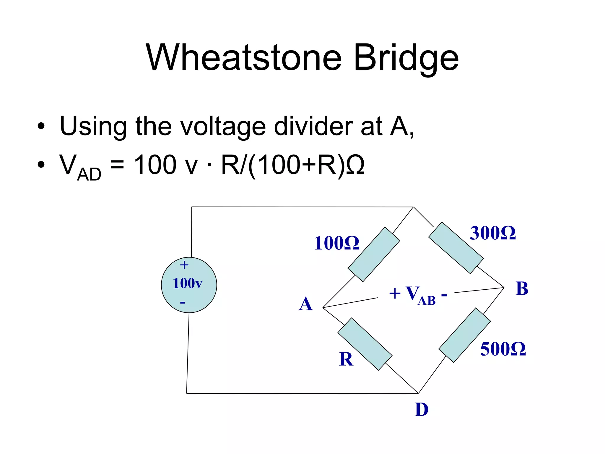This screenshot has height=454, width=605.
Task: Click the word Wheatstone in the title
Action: coord(244,58)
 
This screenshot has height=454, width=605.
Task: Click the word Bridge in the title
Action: coord(406,58)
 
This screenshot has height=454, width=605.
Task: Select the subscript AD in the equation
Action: coord(89,174)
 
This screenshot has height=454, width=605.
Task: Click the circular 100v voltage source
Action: coord(189,285)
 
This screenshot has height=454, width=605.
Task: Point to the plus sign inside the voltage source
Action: coord(184,265)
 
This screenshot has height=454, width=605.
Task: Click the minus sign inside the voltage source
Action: coord(183,302)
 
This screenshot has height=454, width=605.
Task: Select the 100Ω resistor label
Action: coord(336,243)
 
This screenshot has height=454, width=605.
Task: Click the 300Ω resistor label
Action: coord(492,233)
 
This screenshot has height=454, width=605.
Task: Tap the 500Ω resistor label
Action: coord(503,349)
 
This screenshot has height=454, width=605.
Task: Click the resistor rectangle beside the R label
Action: coord(365,344)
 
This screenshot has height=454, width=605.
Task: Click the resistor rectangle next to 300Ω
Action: coord(456,248)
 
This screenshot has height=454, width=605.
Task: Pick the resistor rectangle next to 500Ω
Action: coord(464,335)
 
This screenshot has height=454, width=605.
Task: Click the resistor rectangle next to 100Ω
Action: coord(374,254)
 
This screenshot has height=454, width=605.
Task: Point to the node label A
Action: coord(305,304)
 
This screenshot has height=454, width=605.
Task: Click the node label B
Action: coord(522,288)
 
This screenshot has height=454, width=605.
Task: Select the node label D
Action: coord(421,410)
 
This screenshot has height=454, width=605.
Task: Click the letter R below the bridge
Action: coord(346,359)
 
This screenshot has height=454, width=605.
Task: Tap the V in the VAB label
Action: coord(412,293)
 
